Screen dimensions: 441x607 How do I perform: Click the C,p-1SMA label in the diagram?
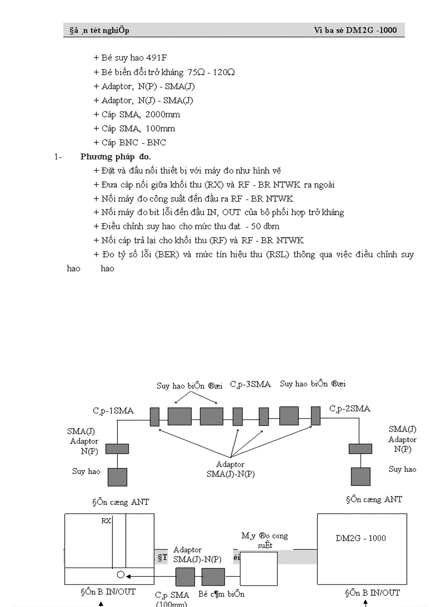coord(113,411)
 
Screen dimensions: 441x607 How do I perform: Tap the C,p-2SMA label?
coord(350,409)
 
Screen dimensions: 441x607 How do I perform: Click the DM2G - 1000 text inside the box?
coord(361,538)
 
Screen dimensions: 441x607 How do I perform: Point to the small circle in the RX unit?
coord(121,574)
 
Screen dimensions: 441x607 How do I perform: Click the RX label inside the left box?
coord(106,521)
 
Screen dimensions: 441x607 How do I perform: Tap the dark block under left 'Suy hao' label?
coord(117,477)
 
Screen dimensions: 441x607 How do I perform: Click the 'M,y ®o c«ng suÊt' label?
coord(264,541)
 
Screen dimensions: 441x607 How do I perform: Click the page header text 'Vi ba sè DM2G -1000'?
coord(355,30)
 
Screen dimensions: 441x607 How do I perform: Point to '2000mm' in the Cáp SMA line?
coord(163,115)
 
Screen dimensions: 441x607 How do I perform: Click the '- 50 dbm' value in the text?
coord(262,226)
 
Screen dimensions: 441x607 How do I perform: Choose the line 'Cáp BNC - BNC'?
coord(133,143)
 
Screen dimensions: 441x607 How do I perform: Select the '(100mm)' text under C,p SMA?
coord(171,603)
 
